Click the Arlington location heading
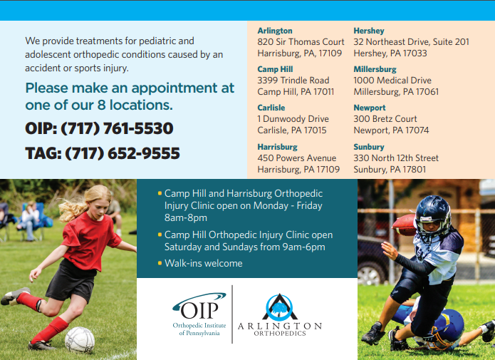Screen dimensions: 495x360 coord(275,31)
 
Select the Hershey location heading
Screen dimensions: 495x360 coord(369,31)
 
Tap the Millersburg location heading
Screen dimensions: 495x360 coord(375,69)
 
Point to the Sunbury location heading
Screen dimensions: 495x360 coord(369,147)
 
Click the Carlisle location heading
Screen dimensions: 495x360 coord(271,108)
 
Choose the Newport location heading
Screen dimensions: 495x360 coord(370,108)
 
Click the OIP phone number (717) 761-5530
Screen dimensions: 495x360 coord(117,128)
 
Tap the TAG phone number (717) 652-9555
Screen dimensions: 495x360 coord(123,153)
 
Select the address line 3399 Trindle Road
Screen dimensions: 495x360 coord(293,81)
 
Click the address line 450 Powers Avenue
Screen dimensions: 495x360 coord(297,158)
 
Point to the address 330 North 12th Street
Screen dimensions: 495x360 coord(396,158)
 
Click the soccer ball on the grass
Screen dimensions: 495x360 coord(80,340)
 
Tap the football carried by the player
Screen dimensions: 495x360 coord(404,225)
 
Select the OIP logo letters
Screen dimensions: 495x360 coord(199,310)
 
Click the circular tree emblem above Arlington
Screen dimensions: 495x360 coord(279,307)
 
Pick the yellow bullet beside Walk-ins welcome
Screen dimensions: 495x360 coord(160,262)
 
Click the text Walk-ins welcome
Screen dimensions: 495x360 coord(203,263)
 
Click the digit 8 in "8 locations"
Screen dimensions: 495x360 coord(102,106)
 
